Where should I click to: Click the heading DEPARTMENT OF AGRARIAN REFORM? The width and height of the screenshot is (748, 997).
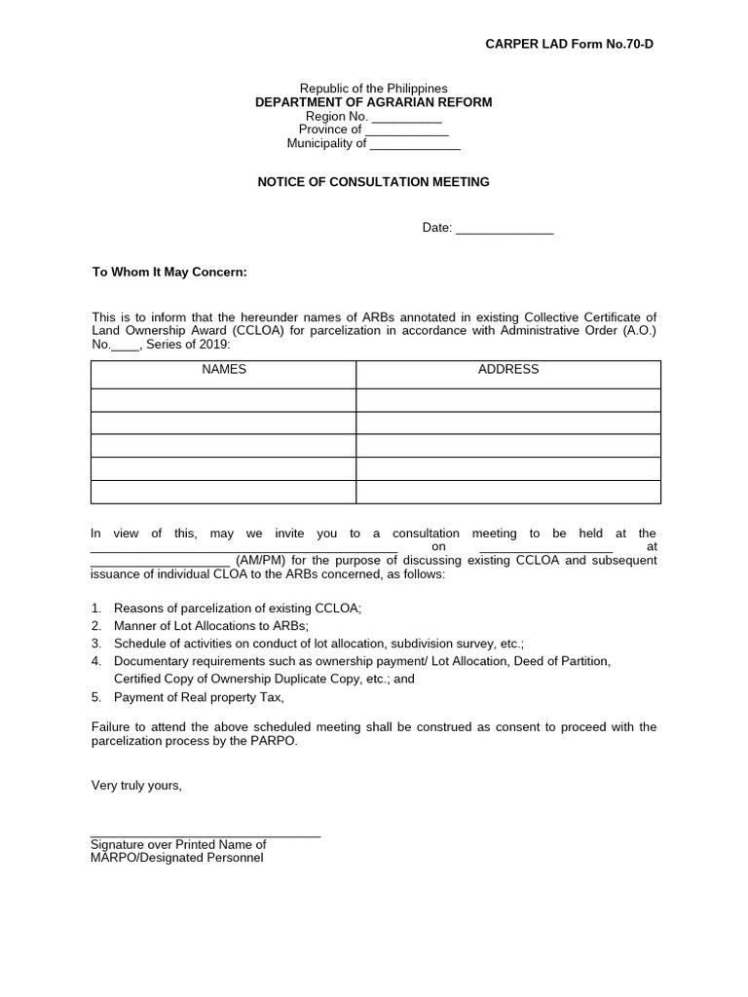[x=373, y=102]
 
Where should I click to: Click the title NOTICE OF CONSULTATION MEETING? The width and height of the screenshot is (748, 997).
[x=373, y=182]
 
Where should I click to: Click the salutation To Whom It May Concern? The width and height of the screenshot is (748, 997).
[x=169, y=273]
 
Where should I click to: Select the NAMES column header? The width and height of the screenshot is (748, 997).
[x=224, y=370]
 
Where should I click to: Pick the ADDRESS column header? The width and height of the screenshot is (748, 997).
[x=508, y=370]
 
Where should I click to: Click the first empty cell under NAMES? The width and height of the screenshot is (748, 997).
[x=224, y=399]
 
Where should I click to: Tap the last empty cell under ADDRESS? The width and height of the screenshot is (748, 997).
[x=508, y=492]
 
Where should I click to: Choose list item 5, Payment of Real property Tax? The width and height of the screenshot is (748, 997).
[x=199, y=697]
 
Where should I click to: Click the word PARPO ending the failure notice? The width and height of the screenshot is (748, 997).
[x=278, y=740]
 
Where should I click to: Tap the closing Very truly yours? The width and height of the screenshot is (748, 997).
[x=136, y=785]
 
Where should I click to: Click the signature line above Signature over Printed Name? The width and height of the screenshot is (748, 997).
[x=205, y=835]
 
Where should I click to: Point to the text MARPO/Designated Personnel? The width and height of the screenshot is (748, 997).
[x=176, y=859]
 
